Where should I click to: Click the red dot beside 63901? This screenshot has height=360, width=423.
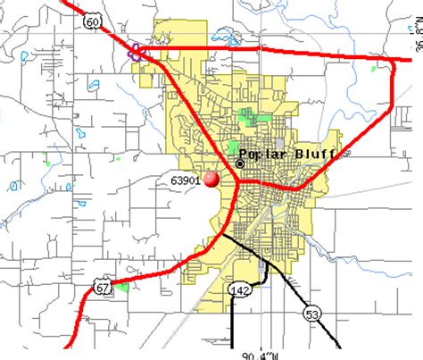211,180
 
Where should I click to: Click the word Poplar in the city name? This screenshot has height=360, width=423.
267,155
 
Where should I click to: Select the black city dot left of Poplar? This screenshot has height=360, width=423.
239,163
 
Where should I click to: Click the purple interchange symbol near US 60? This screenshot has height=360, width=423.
137,51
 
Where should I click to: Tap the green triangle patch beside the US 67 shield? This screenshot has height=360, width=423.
121,287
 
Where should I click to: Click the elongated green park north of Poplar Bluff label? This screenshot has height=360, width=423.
248,114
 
